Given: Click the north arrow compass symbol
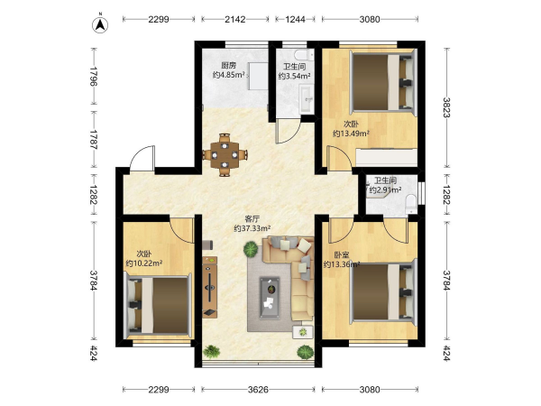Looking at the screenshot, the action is [100, 24].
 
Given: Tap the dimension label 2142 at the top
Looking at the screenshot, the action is [235, 19].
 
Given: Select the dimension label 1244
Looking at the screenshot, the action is [295, 19].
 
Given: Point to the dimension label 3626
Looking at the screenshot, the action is [258, 390].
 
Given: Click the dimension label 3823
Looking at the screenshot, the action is [447, 107].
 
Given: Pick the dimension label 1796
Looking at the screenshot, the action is [94, 77].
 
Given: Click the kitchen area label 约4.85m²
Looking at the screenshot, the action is [229, 75].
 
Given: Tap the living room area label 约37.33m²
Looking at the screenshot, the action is [252, 228].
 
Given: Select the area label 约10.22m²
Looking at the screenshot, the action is [144, 263].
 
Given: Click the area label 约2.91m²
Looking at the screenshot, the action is [385, 189].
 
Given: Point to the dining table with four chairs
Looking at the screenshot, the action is [225, 155].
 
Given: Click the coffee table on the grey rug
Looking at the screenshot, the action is [270, 298].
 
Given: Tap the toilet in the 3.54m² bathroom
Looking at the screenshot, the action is [303, 54].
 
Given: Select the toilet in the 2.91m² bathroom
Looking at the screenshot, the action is [411, 204].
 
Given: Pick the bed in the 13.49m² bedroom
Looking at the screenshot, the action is [383, 82].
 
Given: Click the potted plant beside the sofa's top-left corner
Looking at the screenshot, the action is [251, 249].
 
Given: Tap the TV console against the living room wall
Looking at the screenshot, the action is [210, 287].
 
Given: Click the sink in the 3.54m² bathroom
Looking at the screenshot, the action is [307, 98].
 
